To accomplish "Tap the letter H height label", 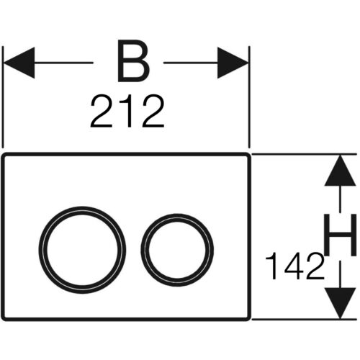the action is (x=340, y=235).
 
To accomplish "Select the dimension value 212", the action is (x=127, y=111).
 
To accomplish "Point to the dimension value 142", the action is (x=294, y=266).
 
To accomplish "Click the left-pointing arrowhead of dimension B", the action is (x=19, y=63).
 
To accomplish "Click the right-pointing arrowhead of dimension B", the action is (x=233, y=63).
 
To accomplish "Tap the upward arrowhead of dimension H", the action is (x=340, y=171).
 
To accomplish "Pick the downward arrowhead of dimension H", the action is (x=340, y=303).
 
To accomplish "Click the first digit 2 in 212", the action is (x=102, y=111).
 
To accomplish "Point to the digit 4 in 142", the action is (x=294, y=266).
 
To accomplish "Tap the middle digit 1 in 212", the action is (x=127, y=111).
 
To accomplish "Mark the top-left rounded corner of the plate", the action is (x=4, y=155).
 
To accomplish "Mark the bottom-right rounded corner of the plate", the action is (x=248, y=319).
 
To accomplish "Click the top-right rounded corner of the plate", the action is (x=248, y=155).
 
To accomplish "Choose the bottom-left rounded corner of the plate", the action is (x=4, y=319).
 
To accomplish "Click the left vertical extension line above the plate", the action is (x=3, y=97).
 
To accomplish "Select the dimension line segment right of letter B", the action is (x=191, y=63).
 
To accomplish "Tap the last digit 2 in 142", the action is (x=315, y=266).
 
